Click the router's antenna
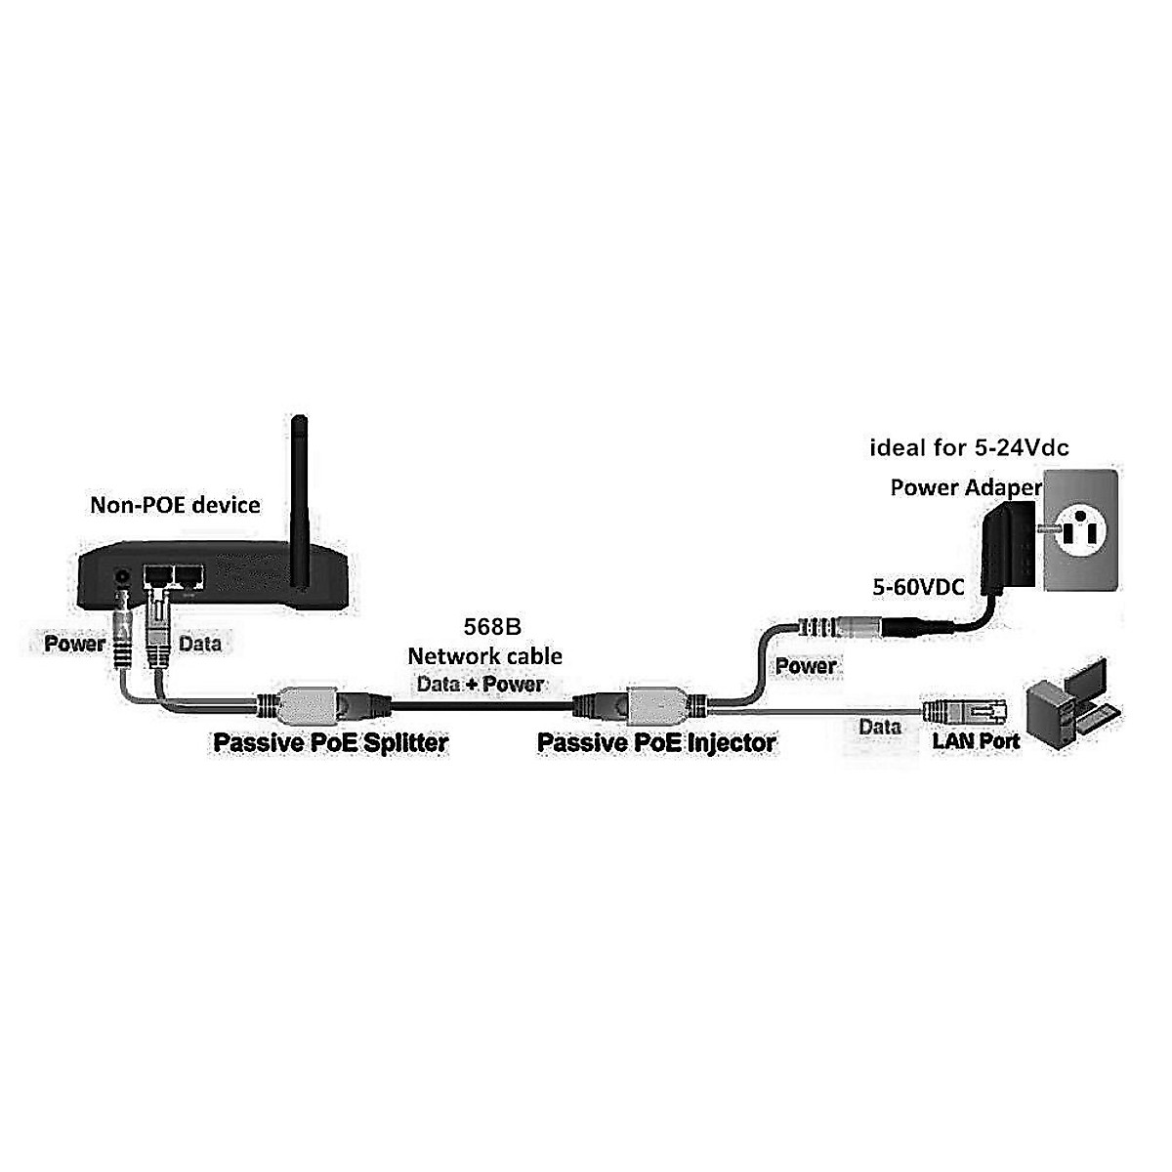(x=299, y=502)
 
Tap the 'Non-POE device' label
(x=175, y=505)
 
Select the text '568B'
(x=492, y=627)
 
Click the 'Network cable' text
(x=484, y=656)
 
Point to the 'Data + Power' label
(x=481, y=685)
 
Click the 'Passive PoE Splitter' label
(x=331, y=742)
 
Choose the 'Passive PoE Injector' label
(x=657, y=742)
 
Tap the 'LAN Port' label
(x=976, y=740)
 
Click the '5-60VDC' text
(x=918, y=587)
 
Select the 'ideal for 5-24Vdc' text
(x=970, y=448)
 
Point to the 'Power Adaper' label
(x=967, y=487)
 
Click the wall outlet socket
(x=1081, y=529)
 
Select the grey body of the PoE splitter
(x=307, y=705)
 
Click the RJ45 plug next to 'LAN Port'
(x=965, y=710)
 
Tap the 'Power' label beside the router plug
(x=75, y=644)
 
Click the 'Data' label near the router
(x=200, y=644)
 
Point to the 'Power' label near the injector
(x=806, y=666)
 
